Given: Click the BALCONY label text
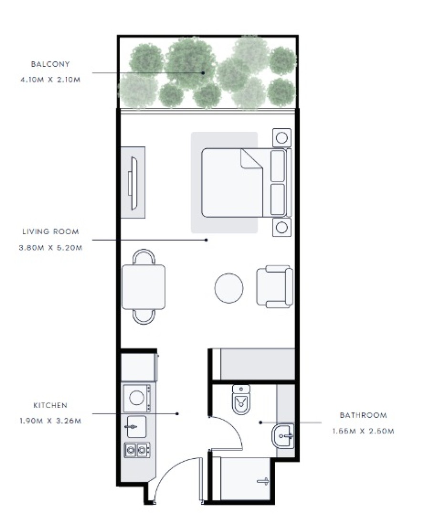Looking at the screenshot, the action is (x=50, y=64).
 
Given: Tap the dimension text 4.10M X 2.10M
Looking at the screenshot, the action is (x=50, y=80).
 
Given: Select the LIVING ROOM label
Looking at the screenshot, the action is (x=51, y=231).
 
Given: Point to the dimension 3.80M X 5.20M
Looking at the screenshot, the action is (x=51, y=248).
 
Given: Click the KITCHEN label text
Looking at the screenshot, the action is (x=50, y=406).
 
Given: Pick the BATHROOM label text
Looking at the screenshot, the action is (x=363, y=415).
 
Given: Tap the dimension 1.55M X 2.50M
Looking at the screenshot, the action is (x=363, y=431).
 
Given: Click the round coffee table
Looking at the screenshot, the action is (x=229, y=288).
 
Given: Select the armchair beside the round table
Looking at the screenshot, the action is (x=275, y=287).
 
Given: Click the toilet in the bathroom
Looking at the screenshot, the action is (x=241, y=399).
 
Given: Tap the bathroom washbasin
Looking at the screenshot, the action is (x=283, y=436).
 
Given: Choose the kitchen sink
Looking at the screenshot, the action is (x=136, y=427).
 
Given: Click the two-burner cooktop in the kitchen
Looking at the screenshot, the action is (x=137, y=451).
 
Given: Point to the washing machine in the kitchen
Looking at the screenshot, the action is (x=137, y=398).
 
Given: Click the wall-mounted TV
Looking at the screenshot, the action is (x=133, y=183).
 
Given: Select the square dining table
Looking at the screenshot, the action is (x=143, y=287).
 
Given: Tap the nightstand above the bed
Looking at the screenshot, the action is (x=282, y=137).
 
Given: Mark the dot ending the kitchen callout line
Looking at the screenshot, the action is (x=177, y=414).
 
